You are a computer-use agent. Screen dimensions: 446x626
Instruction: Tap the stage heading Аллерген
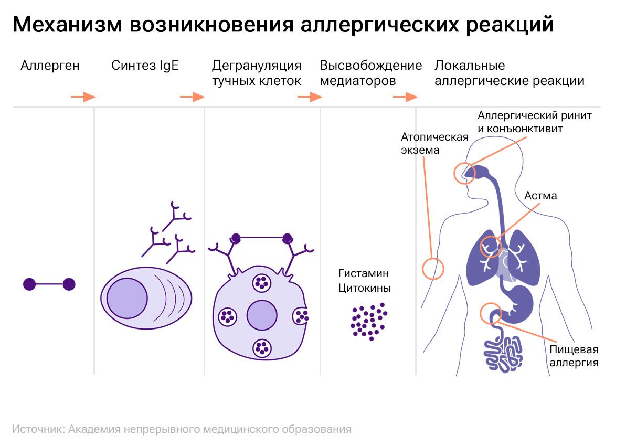[50, 66]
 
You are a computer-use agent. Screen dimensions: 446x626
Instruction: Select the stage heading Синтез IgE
[145, 66]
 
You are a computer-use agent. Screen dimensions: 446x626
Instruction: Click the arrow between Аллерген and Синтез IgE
[83, 97]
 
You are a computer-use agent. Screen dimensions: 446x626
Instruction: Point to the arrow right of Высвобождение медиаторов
[405, 97]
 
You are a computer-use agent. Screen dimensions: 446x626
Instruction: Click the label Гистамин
[364, 273]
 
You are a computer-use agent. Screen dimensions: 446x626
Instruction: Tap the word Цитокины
[365, 288]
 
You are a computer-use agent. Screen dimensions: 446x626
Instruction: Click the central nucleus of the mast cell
[262, 316]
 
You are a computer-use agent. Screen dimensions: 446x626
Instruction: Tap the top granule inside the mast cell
[261, 283]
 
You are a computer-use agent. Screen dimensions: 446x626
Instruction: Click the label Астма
[540, 196]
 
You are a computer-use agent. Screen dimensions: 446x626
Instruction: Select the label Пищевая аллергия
[574, 356]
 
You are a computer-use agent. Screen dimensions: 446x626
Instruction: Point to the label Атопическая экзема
[434, 143]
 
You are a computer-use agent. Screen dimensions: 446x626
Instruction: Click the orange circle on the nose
[464, 173]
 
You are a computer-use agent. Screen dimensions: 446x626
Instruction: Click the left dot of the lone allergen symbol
[29, 284]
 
